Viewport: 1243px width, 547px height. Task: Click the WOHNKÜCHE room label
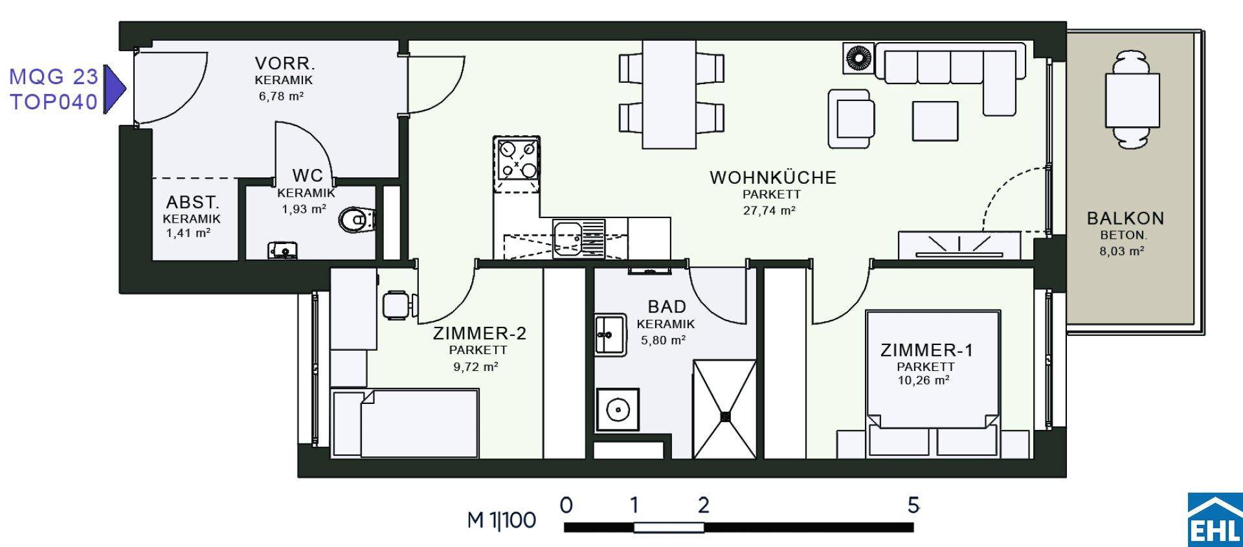click(773, 177)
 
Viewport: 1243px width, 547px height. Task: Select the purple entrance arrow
click(115, 88)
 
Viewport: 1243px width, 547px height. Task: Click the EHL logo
click(1215, 519)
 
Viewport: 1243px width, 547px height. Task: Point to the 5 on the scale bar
click(913, 505)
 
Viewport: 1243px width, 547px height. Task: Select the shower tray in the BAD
click(724, 409)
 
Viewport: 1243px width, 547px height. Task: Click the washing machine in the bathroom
click(618, 409)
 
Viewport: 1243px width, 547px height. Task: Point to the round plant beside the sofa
click(858, 58)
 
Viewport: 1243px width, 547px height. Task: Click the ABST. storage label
click(193, 203)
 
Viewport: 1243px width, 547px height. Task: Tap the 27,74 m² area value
click(769, 210)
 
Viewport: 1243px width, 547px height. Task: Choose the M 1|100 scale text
click(502, 520)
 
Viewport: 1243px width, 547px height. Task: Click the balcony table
click(1132, 101)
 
